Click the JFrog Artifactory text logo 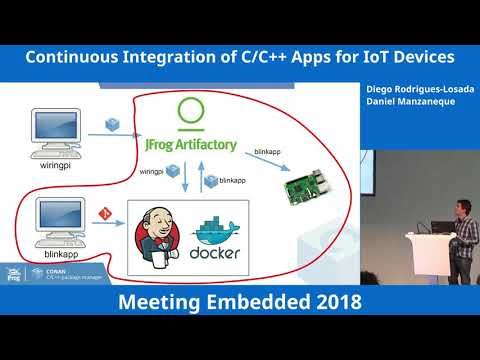click(x=188, y=145)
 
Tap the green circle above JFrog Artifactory click(x=188, y=113)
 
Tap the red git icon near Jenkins click(x=103, y=214)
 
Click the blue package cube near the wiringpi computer click(x=112, y=125)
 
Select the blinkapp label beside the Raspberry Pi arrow click(x=259, y=152)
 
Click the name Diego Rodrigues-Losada click(x=420, y=89)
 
